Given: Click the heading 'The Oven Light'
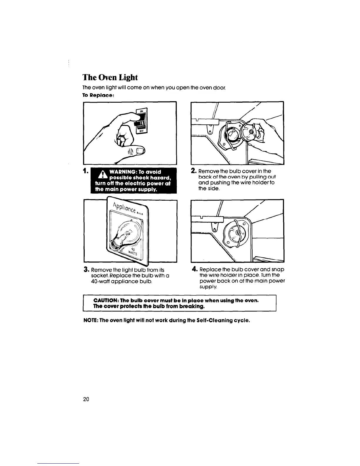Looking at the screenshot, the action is point(110,77).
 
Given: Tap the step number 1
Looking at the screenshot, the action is point(85,171).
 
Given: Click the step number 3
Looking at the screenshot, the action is point(86,269).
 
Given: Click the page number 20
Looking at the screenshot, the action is point(86,399).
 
